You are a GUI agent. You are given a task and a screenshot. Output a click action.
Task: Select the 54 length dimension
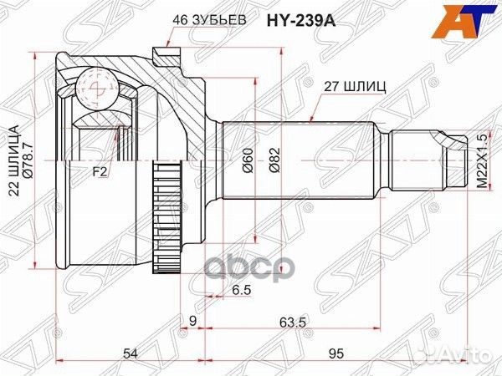click(x=130, y=354)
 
